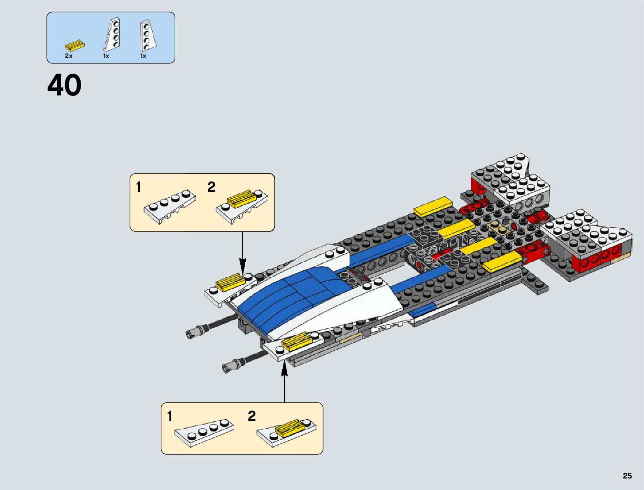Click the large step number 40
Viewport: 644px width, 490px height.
(x=65, y=86)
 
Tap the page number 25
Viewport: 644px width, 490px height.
(x=627, y=476)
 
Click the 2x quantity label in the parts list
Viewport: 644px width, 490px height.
(x=69, y=56)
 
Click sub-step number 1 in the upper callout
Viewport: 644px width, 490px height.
(x=139, y=187)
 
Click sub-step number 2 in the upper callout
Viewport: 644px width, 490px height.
(x=211, y=187)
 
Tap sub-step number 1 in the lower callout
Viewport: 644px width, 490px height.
(x=170, y=416)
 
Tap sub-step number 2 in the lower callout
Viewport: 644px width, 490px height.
(x=251, y=416)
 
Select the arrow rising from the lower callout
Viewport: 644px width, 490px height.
(x=284, y=383)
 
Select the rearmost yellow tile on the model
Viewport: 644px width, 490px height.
(x=433, y=206)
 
